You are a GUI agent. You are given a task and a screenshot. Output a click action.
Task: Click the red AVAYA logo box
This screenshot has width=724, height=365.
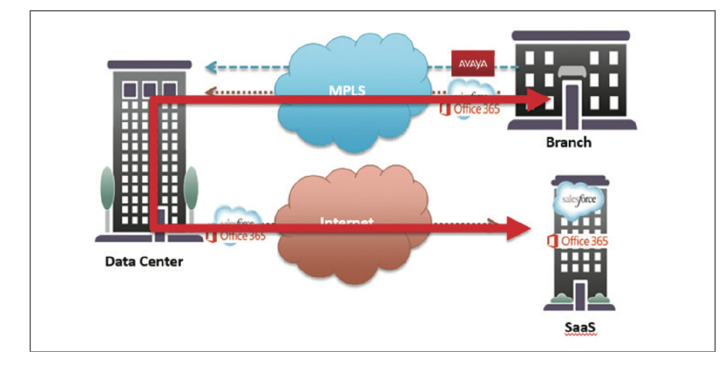point(473,63)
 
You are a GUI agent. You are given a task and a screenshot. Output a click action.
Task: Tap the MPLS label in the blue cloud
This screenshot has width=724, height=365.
point(347,90)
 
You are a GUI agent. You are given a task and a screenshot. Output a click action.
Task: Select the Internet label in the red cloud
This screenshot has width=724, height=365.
point(347,221)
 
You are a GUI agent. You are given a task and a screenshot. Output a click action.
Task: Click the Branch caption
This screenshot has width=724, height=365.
point(568,143)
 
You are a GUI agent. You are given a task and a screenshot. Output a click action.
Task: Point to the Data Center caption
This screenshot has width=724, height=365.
point(144,262)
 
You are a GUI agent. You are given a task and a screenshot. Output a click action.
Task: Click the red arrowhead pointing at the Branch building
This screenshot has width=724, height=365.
point(538,99)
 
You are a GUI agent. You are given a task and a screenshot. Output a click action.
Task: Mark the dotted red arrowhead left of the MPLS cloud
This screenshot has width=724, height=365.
point(210,92)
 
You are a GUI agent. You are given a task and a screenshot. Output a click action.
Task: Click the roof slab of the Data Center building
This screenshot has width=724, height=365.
point(149,64)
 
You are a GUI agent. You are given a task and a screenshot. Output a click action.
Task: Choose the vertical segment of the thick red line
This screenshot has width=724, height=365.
point(153,162)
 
